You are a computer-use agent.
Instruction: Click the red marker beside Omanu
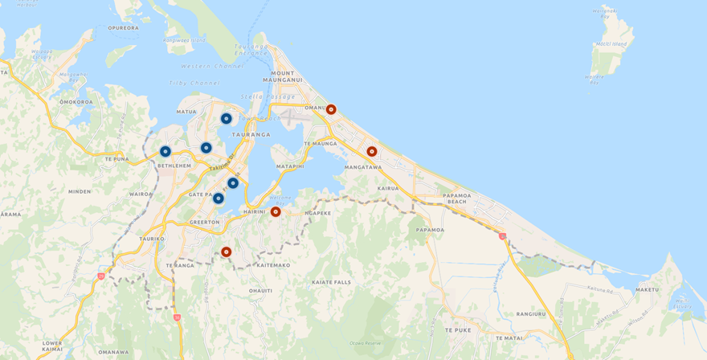(331, 109)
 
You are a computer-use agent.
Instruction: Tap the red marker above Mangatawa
(372, 151)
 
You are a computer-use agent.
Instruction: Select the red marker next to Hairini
(276, 211)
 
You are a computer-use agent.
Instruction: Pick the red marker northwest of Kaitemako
(227, 252)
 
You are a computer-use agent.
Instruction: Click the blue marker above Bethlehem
(166, 151)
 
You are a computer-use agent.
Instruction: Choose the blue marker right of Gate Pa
(219, 198)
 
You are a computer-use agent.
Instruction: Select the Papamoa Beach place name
(456, 198)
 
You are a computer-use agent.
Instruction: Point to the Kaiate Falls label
(331, 282)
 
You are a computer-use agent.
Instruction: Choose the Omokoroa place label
(76, 102)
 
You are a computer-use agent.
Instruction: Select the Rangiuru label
(531, 314)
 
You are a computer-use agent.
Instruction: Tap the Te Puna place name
(116, 159)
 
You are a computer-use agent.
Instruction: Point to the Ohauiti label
(261, 290)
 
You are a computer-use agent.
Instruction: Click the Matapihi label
(290, 166)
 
